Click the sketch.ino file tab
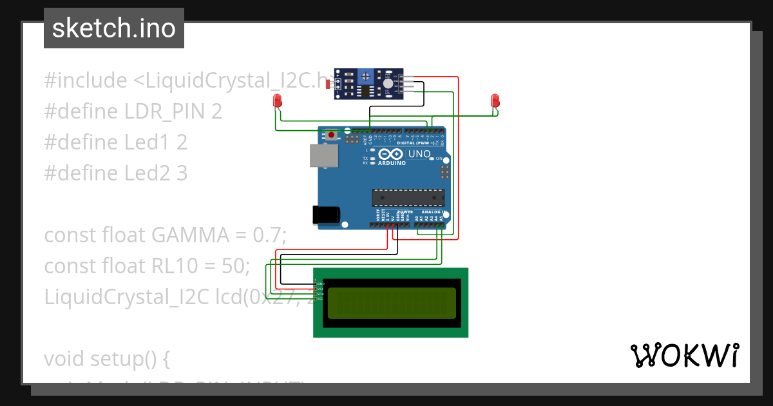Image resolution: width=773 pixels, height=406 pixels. click(113, 28)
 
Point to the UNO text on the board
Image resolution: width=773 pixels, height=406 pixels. click(420, 155)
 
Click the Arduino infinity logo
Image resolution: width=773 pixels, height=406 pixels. click(392, 155)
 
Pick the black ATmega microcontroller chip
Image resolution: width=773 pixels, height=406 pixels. click(408, 198)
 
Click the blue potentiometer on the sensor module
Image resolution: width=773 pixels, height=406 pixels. click(366, 77)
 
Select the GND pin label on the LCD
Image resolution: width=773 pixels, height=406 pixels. click(320, 284)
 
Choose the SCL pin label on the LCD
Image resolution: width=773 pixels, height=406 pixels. click(320, 298)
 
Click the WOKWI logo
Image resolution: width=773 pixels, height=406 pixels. click(684, 355)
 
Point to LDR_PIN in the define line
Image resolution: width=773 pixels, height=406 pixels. click(165, 111)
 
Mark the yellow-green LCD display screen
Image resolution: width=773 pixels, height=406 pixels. click(391, 303)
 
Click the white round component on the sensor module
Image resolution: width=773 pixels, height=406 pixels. click(387, 84)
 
